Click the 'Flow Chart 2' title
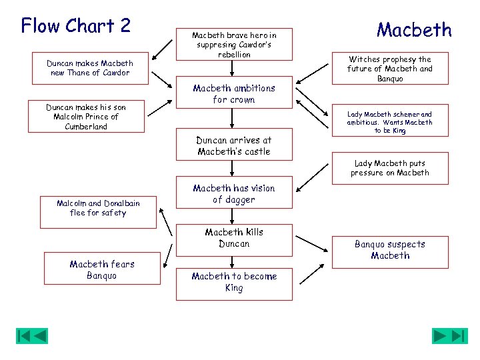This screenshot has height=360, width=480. point(76,25)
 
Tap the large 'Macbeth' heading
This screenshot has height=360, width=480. point(413,30)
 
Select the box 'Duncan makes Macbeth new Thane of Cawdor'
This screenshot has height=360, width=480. point(89,68)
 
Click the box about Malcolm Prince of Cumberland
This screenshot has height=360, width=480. point(85,117)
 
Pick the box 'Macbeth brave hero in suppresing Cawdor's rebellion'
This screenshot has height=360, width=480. point(233,44)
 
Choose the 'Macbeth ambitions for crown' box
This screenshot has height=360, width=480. point(233,94)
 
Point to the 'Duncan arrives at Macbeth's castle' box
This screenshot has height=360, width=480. point(233,146)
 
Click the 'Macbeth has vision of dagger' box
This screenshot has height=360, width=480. point(233,194)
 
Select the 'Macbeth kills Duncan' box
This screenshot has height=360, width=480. point(233,238)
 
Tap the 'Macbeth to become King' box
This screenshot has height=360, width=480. point(233,282)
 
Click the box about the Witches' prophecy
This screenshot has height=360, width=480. point(389,69)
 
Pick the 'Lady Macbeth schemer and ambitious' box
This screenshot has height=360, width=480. point(389,123)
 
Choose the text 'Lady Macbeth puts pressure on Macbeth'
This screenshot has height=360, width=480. point(390,168)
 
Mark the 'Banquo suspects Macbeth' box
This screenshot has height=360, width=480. point(389,250)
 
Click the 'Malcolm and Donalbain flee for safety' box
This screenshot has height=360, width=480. point(98,208)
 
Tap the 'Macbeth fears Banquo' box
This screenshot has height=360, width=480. point(102,269)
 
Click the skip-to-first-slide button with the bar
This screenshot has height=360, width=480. point(23,335)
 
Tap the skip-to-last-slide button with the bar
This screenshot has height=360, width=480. point(459,335)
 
